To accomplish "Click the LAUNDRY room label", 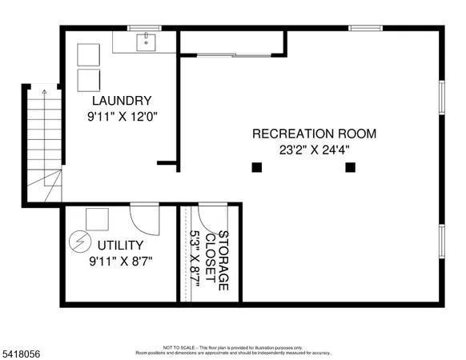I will click(122, 101).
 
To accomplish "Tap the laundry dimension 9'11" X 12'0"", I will click(122, 116).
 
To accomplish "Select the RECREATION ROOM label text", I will click(314, 134).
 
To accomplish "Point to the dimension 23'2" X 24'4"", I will click(314, 149).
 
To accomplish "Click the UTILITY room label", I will click(120, 245).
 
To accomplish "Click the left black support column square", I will click(256, 167).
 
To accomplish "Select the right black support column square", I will click(350, 167).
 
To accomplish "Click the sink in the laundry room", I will click(146, 42).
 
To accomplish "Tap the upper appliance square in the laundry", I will click(86, 53).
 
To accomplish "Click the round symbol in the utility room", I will click(79, 240).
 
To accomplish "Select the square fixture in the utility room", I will click(98, 218).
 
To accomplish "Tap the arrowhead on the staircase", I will click(45, 94).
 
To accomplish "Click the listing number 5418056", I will click(22, 351).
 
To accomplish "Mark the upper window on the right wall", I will click(441, 97).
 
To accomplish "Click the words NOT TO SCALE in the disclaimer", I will click(175, 348).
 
